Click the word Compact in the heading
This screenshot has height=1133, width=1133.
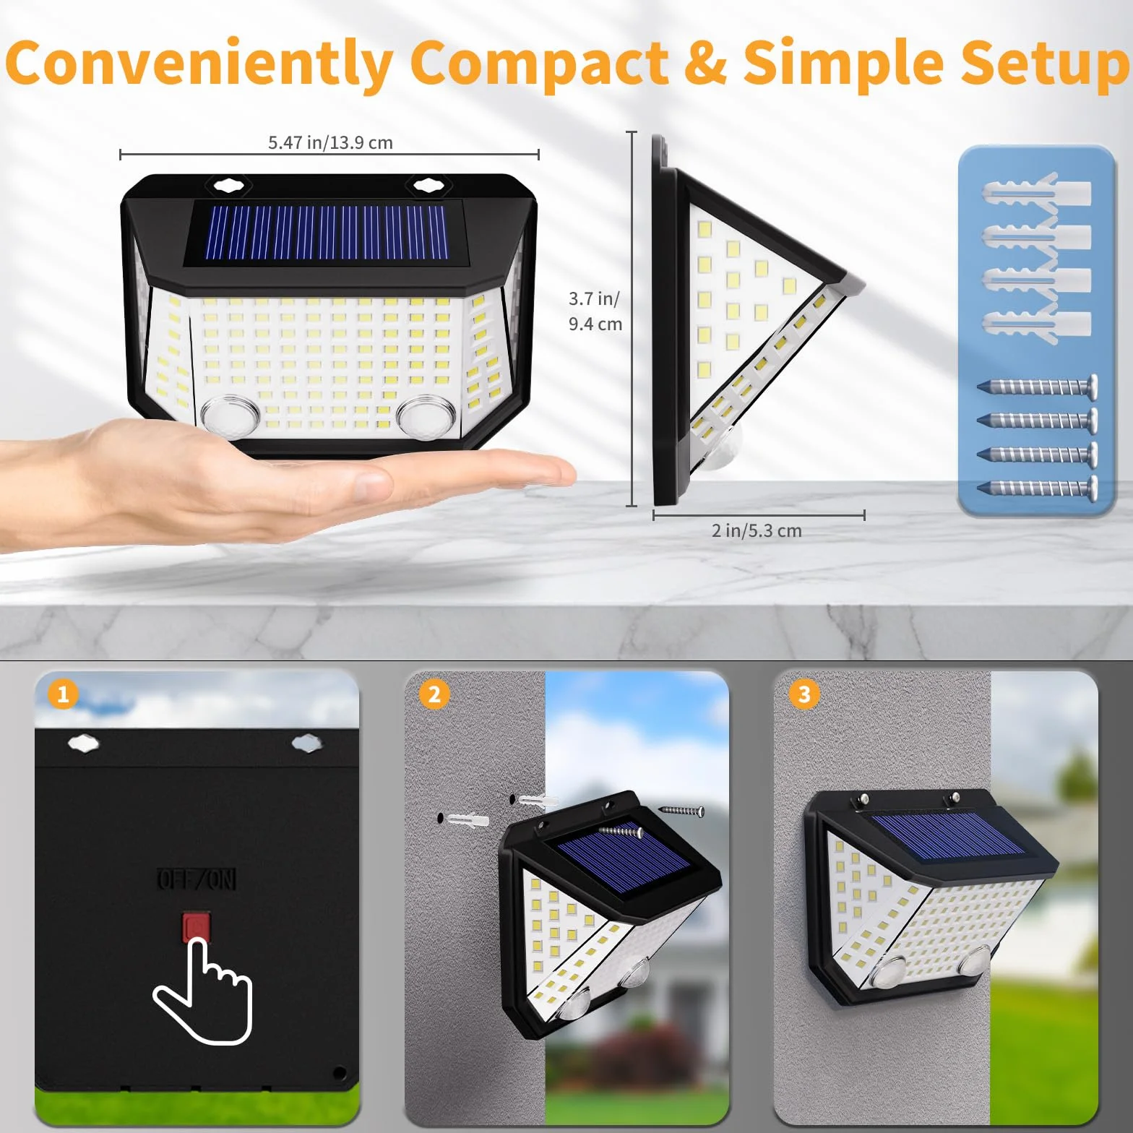[539, 64]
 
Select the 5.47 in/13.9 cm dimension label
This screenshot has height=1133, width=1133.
[330, 142]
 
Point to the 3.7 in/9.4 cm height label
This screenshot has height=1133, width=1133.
[595, 311]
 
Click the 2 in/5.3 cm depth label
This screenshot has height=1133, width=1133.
[757, 530]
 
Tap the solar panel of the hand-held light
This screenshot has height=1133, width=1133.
[324, 233]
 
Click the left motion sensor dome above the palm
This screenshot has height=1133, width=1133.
[230, 415]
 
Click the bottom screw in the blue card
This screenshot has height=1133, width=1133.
[1038, 488]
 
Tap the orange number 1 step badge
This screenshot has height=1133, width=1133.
[63, 694]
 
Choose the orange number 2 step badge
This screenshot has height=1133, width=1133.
[434, 694]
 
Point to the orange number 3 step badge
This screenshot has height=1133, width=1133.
[804, 694]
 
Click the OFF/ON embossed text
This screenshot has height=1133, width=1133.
[197, 879]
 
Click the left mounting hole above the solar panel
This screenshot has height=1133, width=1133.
[230, 185]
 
